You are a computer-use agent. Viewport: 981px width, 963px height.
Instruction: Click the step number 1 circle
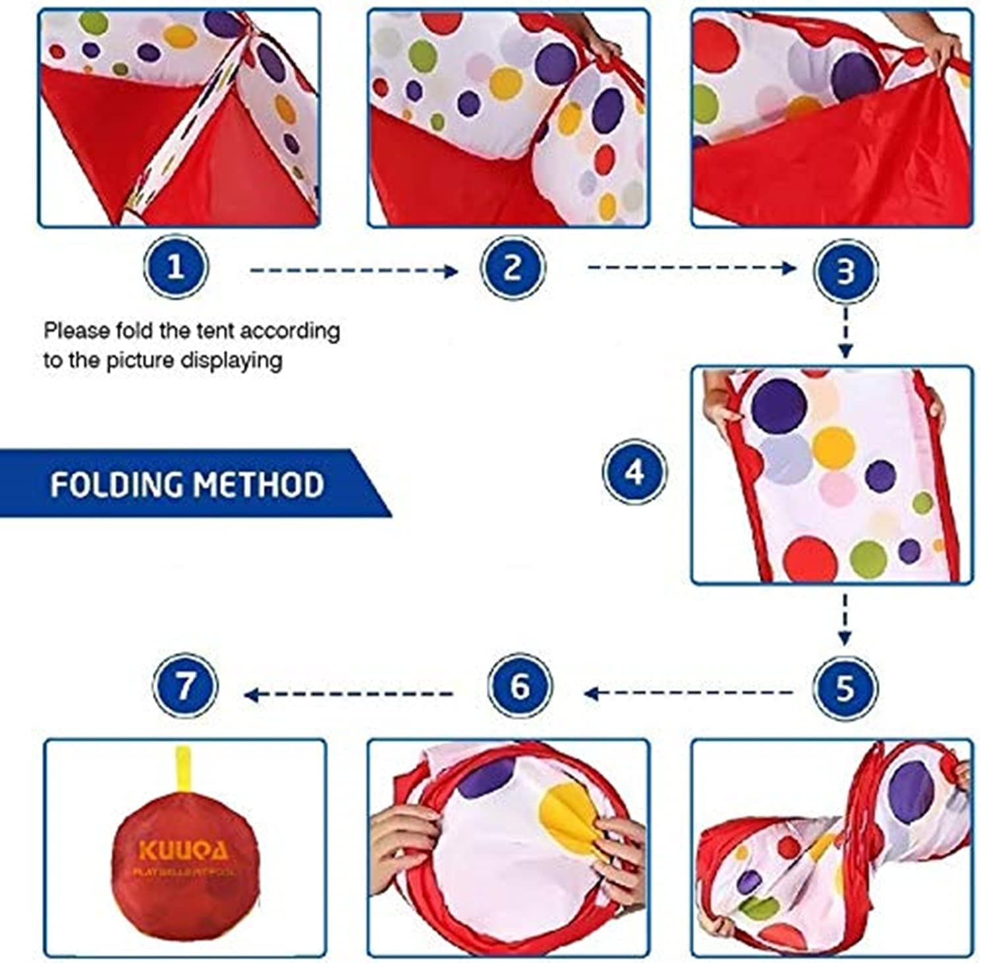click(x=175, y=267)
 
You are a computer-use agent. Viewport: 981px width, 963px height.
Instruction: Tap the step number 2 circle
click(x=513, y=267)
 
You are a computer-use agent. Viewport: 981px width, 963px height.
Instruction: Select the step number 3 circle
click(x=845, y=271)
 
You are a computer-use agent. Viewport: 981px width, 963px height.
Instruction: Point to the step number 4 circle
click(x=634, y=472)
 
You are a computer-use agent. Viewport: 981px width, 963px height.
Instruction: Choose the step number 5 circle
click(x=845, y=687)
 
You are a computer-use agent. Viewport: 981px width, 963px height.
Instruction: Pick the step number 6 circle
click(x=520, y=686)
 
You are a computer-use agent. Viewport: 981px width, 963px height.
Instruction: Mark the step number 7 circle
click(x=184, y=685)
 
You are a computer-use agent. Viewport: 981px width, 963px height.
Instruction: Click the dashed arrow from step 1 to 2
click(x=354, y=270)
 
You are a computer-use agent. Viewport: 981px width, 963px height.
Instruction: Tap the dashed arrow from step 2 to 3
click(x=691, y=267)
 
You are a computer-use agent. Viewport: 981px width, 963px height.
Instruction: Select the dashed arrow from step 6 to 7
click(x=349, y=694)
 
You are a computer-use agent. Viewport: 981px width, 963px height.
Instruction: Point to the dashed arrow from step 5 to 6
click(x=688, y=693)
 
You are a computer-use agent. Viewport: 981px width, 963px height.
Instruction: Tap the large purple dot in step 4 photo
click(x=779, y=405)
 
